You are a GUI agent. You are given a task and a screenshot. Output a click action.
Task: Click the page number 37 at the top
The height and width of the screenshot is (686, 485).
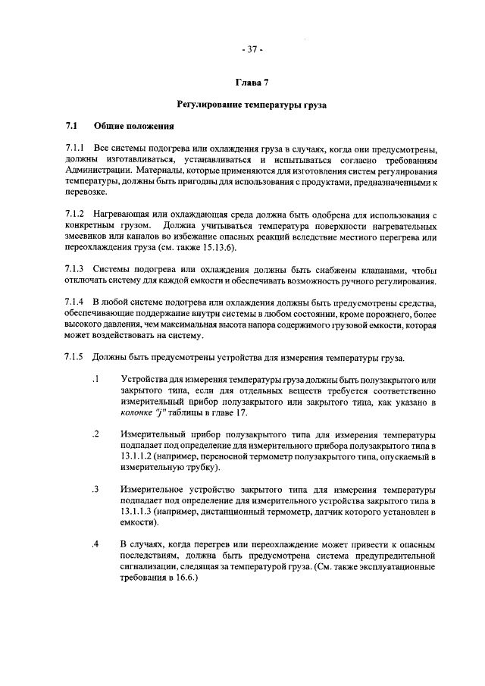coord(252,51)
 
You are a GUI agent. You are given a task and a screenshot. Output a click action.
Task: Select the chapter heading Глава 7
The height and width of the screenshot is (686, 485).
coord(252,81)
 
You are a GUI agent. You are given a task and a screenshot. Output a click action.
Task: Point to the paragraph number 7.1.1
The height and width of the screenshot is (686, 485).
coord(75,150)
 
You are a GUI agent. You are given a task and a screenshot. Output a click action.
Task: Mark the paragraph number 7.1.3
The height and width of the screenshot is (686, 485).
coord(75,271)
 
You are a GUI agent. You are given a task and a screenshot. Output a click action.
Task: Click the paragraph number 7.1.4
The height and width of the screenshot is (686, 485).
coord(75,304)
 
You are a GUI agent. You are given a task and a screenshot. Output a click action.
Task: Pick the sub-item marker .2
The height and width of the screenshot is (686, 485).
coord(95,434)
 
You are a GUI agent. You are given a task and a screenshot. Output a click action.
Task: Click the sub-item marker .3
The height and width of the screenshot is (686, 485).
coord(95,489)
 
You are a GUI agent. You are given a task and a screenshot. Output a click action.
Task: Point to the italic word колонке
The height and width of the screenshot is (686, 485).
coord(138,413)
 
